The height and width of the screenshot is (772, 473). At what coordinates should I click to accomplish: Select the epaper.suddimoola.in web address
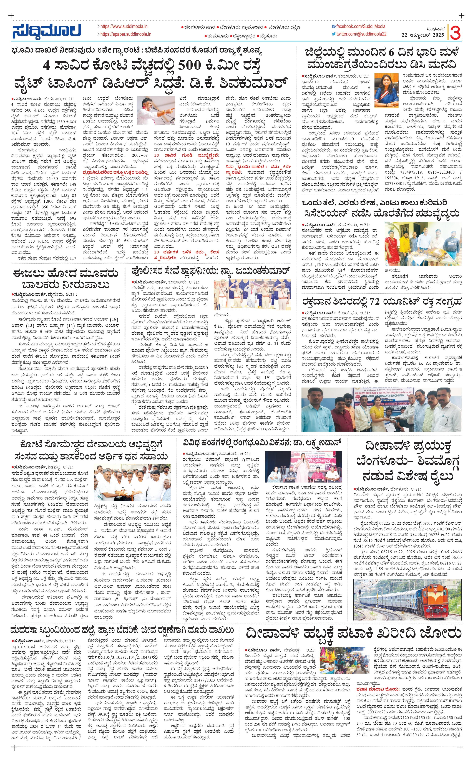[x=125, y=34]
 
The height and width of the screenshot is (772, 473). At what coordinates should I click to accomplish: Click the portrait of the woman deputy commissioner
[x=386, y=91]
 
